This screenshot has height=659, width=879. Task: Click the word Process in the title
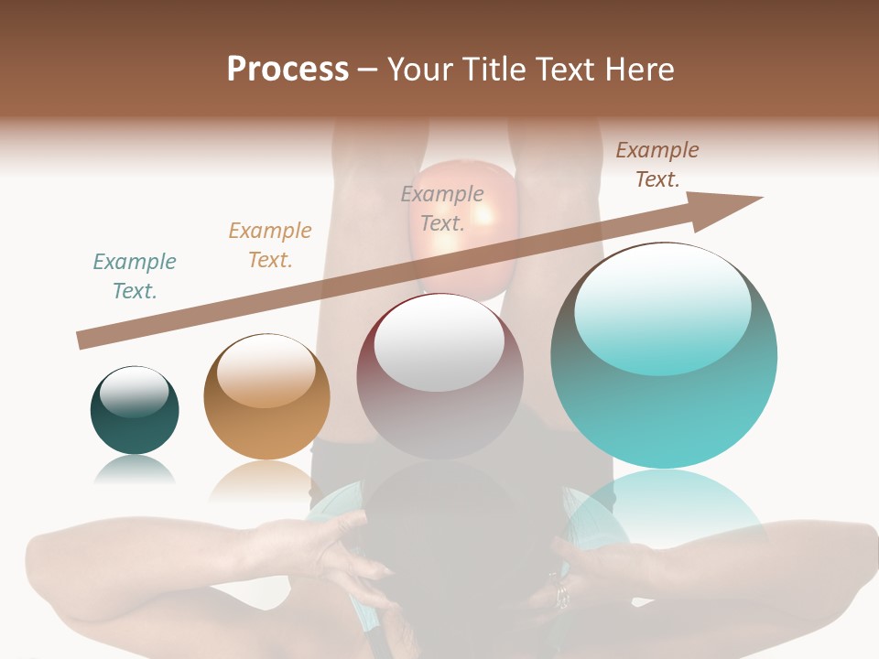pyautogui.click(x=288, y=70)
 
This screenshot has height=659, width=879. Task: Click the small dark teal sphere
pyautogui.click(x=135, y=421)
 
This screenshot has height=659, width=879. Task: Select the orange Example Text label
pyautogui.click(x=270, y=245)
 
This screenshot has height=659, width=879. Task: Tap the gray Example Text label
pyautogui.click(x=442, y=209)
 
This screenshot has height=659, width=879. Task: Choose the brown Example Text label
pyautogui.click(x=657, y=165)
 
